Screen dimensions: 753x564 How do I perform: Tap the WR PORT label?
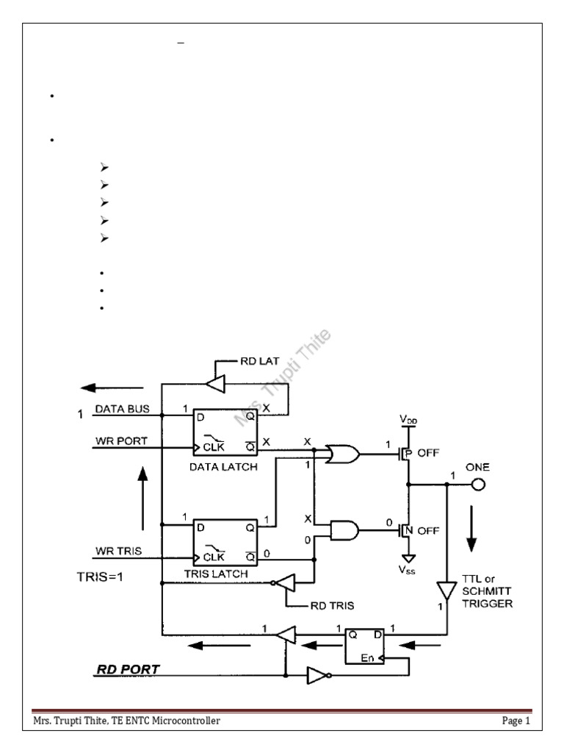[x=120, y=440]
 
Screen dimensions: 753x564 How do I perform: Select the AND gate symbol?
[x=345, y=530]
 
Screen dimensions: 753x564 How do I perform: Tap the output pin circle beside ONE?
[x=479, y=485]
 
